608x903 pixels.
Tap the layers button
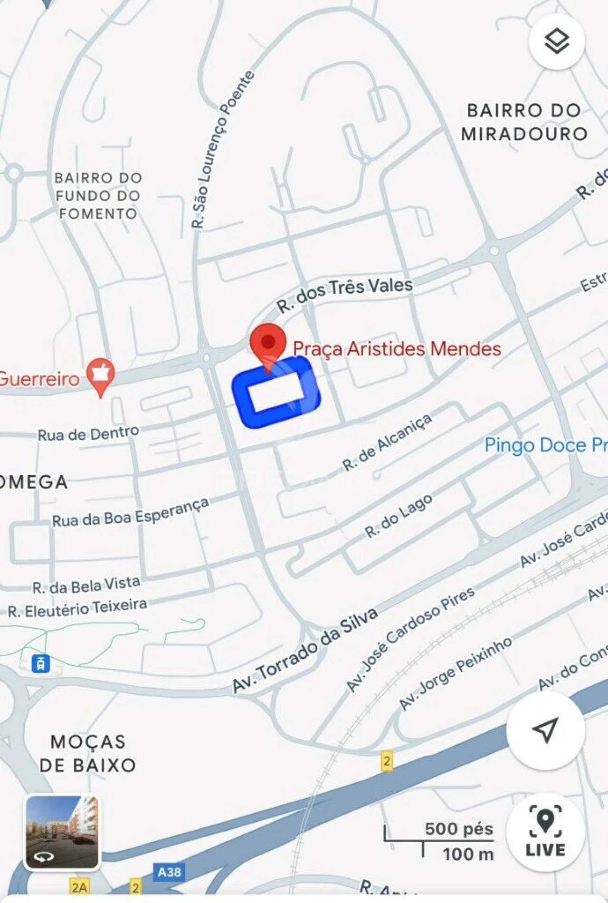coord(556,42)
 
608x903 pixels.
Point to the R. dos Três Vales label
coord(345,294)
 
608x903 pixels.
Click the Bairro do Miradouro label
coord(524,122)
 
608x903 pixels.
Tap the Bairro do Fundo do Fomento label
coord(98,195)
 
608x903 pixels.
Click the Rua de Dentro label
coord(88,433)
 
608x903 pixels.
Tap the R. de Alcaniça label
coord(387,442)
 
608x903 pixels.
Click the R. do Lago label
coord(399,516)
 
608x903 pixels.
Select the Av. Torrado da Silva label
coord(305,650)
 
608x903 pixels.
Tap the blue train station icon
coord(40,663)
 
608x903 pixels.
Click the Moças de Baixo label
coord(88,753)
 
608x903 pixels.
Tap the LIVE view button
coord(545,832)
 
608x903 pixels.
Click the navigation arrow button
coord(545,730)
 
